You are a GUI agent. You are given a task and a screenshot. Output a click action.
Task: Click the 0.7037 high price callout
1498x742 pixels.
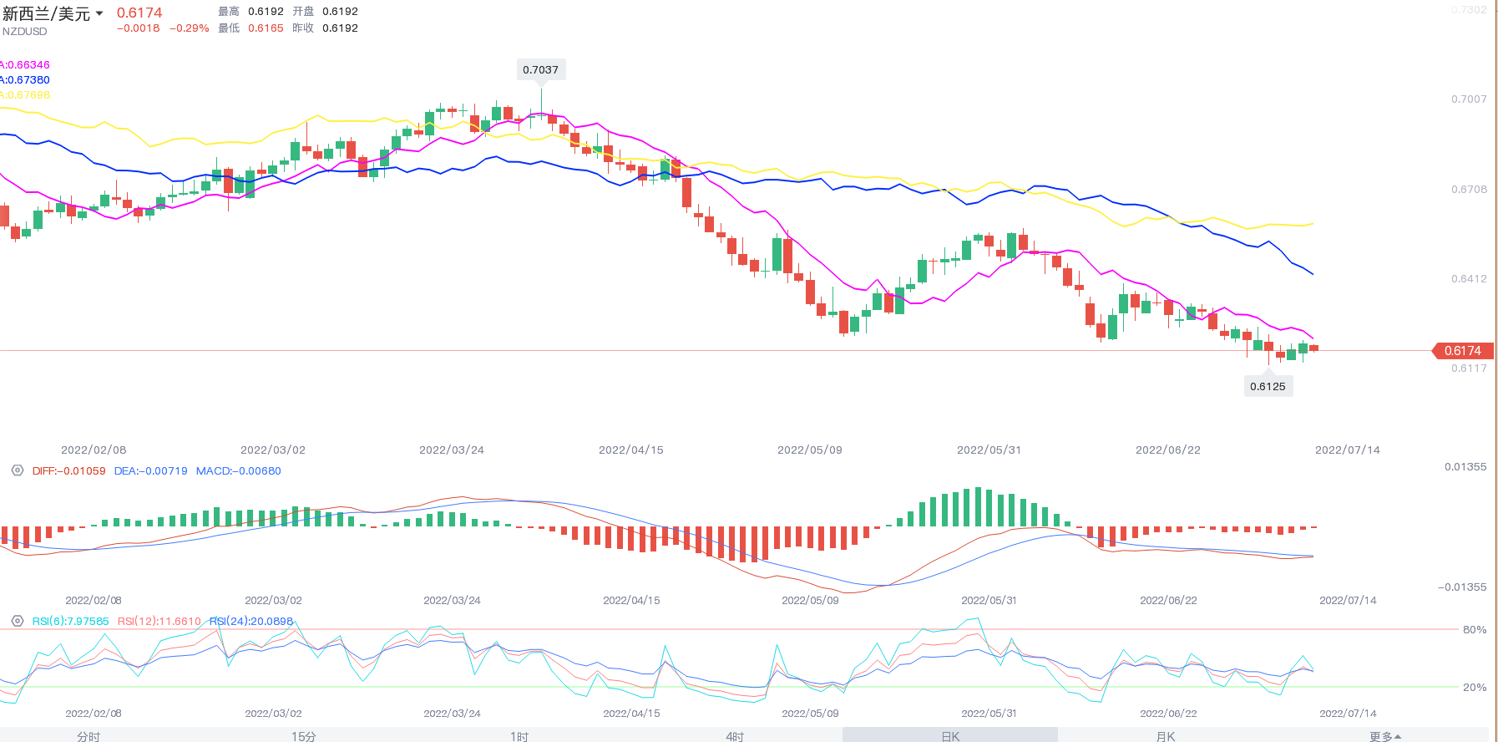point(540,70)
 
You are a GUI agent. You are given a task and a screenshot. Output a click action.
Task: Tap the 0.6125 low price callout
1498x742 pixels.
point(1268,386)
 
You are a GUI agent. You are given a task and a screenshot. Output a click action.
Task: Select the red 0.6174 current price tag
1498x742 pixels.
point(1462,351)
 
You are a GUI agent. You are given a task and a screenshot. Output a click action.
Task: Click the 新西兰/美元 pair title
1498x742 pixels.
point(47,14)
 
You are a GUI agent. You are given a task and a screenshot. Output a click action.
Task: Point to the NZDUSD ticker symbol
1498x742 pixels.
point(25,32)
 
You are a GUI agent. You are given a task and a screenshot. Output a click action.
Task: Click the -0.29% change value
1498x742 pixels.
point(190,28)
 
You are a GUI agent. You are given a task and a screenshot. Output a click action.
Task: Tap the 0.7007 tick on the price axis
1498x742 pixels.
point(1469,99)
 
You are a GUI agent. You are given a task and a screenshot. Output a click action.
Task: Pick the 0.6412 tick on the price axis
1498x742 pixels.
point(1469,279)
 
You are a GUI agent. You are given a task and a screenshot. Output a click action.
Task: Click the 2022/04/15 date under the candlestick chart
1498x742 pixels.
point(631,450)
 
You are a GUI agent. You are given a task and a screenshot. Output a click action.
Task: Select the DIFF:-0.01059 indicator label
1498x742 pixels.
point(68,471)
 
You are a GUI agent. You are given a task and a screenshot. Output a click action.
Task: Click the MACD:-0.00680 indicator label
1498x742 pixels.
point(238,471)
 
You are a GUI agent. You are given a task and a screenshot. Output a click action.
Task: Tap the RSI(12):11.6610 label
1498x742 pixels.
point(159,622)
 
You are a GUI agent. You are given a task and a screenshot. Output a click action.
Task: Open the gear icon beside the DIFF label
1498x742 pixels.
point(18,470)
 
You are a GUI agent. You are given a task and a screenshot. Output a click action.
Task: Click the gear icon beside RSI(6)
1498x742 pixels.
point(18,621)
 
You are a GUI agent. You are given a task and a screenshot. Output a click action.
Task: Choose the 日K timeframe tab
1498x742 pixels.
point(950,736)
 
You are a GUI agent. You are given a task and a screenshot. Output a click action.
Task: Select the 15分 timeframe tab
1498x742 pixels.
point(304,736)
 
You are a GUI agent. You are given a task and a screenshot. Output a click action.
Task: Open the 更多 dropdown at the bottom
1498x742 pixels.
point(1384,736)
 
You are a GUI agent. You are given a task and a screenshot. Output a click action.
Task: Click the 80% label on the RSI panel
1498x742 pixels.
point(1475,630)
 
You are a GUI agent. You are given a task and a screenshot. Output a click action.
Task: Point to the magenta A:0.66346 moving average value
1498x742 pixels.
point(26,65)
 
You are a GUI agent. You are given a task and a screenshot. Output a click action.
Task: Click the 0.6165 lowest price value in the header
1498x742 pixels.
point(266,28)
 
